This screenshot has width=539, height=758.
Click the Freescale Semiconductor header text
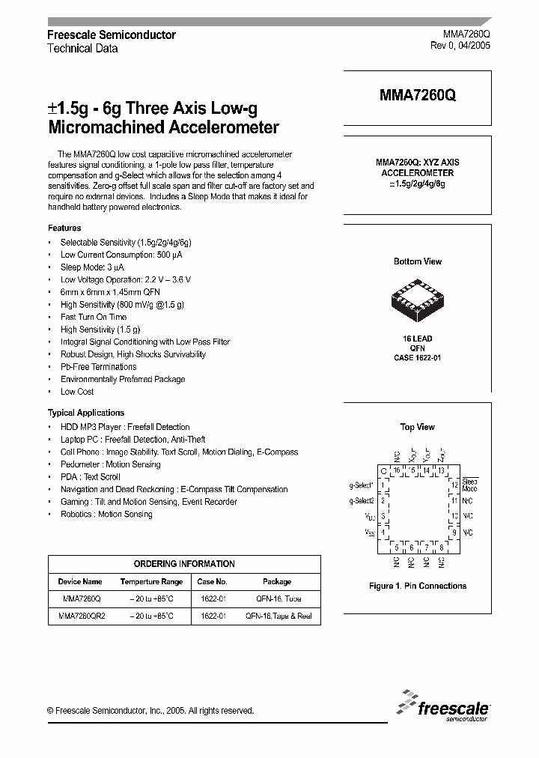click(112, 34)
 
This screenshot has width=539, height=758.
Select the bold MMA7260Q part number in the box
click(417, 95)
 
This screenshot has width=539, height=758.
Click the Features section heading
click(64, 228)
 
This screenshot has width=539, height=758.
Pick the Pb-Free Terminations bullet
click(98, 367)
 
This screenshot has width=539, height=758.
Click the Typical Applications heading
click(86, 413)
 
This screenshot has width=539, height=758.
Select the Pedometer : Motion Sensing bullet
click(110, 464)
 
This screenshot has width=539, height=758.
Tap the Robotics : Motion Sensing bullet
click(106, 515)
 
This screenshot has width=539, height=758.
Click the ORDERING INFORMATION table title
click(184, 564)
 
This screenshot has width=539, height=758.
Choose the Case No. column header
click(213, 581)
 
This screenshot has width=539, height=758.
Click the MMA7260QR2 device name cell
click(82, 616)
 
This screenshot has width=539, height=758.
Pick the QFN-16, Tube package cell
click(277, 599)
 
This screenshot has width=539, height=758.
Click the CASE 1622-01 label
click(417, 358)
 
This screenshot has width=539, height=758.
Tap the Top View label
click(417, 427)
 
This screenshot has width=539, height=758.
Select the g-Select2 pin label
click(363, 500)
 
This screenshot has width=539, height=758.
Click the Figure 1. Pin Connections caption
click(418, 586)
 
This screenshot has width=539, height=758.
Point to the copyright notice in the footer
click(150, 711)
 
